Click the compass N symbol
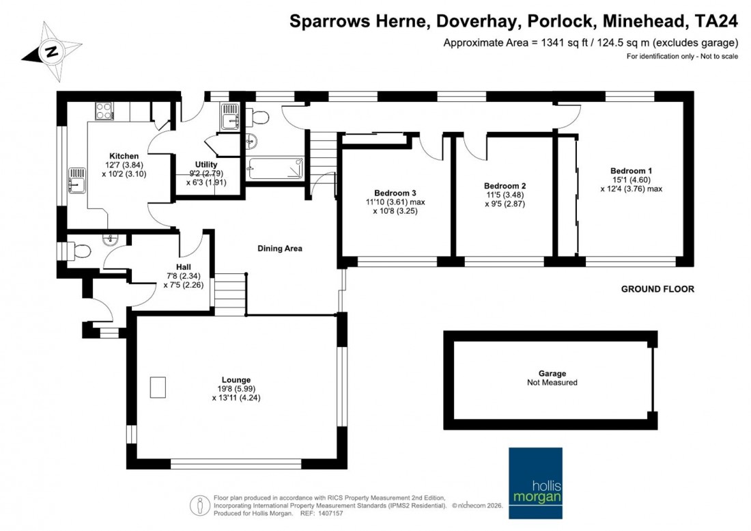coord(51,51)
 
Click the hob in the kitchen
coord(104,109)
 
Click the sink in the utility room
coord(229,118)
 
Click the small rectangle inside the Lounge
coord(158,387)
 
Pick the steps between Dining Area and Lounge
coord(229,294)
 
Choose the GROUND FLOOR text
coord(657,289)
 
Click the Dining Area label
coord(279,249)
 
